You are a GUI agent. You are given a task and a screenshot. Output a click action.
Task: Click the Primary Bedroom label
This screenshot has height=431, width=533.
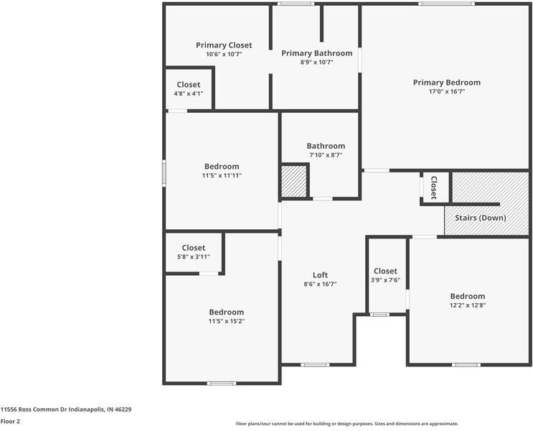point(446,83)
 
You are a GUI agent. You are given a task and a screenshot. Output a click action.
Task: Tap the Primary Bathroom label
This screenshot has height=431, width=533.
point(316,53)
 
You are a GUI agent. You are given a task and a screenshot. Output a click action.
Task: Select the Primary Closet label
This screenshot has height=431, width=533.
point(224,45)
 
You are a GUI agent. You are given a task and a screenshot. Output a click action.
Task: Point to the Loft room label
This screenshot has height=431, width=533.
point(320,275)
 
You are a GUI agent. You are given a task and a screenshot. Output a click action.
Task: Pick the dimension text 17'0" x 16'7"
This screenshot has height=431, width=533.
point(446,92)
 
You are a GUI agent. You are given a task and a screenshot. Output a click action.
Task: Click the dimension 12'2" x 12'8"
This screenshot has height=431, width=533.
point(467,305)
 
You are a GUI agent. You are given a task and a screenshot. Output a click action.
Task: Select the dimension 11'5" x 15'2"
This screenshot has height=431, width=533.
point(226,321)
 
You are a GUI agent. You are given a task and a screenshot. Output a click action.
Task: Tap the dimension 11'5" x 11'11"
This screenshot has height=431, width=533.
point(221,175)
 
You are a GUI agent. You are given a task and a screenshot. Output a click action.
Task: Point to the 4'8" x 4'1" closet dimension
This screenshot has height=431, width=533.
point(189,93)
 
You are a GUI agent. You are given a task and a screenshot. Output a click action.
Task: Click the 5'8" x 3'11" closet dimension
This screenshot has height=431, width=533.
point(193,257)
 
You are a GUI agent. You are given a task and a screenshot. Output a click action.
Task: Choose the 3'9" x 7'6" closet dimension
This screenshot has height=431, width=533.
point(385,280)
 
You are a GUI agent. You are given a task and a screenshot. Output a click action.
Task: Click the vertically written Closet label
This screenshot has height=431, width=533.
point(434,187)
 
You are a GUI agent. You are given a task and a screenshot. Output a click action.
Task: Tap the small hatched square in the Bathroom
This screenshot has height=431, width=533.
point(293,180)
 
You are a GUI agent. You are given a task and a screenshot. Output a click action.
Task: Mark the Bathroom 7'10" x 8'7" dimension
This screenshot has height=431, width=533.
point(326,154)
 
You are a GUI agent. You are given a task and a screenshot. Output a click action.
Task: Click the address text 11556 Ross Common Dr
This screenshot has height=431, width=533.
point(66,409)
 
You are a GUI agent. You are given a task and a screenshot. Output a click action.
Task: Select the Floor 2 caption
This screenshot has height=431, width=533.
point(10,421)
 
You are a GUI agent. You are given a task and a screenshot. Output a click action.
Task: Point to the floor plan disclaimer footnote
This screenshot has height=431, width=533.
point(347,424)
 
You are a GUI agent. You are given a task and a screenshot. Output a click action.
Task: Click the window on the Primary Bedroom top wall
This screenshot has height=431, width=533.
point(446,4)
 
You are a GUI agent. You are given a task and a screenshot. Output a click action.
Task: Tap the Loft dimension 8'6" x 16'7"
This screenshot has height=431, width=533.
point(320,284)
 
